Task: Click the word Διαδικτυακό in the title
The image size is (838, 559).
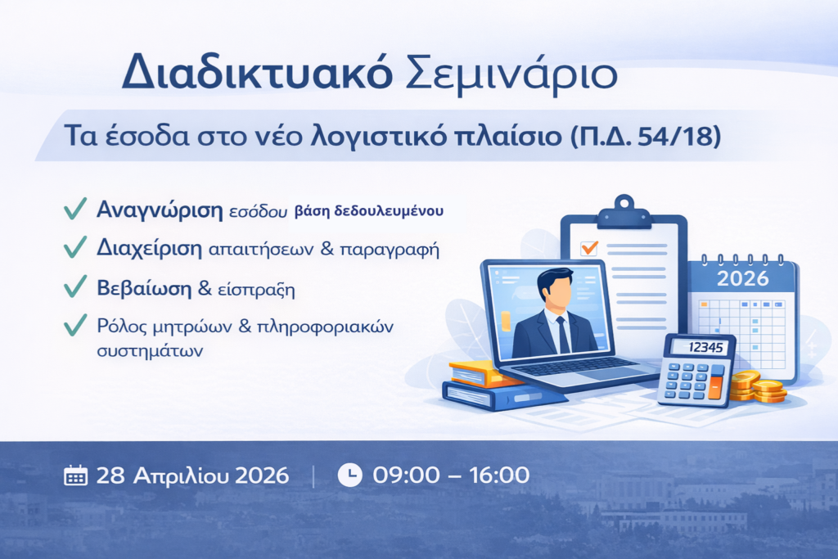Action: pos(257,72)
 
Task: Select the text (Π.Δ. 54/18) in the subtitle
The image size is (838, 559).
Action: pos(646,137)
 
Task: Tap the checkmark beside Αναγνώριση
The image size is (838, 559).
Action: pos(74,209)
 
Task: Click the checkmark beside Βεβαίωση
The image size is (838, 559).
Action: pos(74,286)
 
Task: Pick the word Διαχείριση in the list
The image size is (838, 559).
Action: pos(149,249)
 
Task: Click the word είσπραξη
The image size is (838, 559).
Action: pos(256,290)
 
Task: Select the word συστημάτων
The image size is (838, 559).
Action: pos(150,351)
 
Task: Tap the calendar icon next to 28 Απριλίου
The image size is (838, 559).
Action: pos(75,475)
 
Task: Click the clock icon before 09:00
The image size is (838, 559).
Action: pos(350,475)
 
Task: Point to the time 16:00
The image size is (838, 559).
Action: pos(498,475)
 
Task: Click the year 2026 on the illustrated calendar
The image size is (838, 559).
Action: pos(742,278)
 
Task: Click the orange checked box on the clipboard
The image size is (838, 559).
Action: pos(589,249)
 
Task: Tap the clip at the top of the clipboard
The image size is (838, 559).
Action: pos(624,212)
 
